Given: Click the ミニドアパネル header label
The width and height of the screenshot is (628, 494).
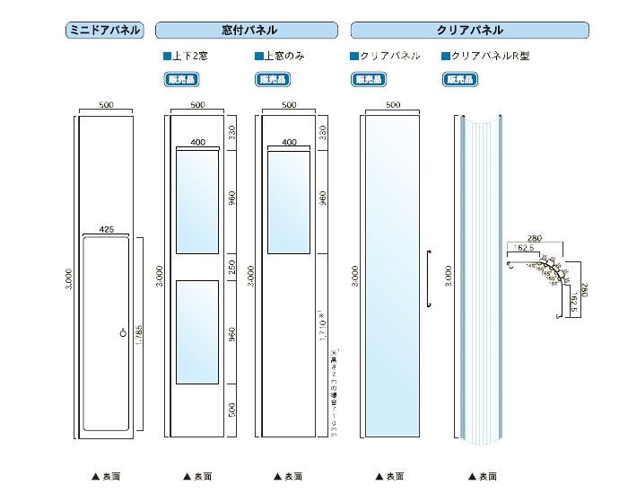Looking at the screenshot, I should coord(104,31).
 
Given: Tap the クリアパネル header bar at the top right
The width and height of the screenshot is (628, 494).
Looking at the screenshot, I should coord(470,31).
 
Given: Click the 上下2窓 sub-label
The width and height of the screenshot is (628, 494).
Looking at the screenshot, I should coord(189,56).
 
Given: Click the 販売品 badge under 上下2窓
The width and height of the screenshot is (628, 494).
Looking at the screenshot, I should coord(182,78).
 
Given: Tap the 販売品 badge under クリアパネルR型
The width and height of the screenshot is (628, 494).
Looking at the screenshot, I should coord(459,78).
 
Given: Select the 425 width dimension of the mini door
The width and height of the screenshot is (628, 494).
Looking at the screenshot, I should coord(106,230).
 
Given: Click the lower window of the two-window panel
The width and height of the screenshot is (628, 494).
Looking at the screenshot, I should coord(197,331).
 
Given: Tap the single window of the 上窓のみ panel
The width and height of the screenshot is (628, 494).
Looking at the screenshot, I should coord(289,202).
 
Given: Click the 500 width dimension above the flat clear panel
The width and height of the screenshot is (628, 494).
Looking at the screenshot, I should coord(392,105).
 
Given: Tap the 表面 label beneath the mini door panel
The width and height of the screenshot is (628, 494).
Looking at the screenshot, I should coord(106,476).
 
